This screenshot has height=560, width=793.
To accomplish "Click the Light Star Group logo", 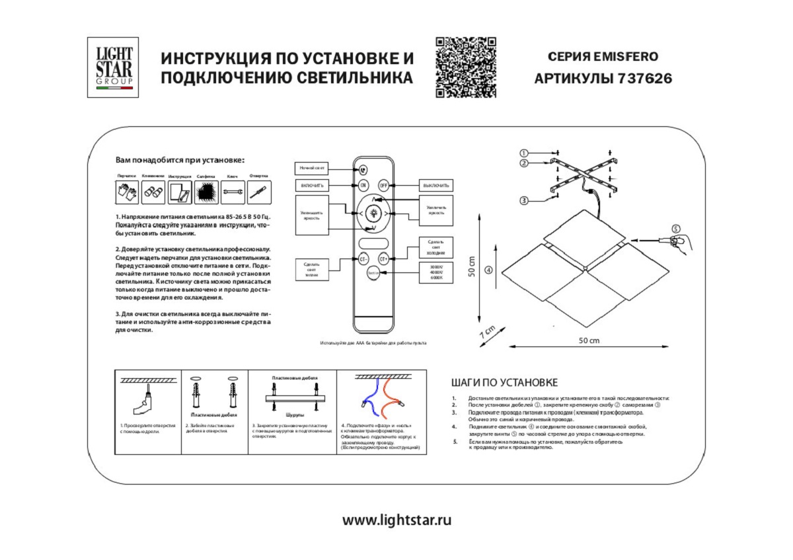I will click(x=113, y=67).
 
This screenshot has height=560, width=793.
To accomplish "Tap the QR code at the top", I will click(x=466, y=67).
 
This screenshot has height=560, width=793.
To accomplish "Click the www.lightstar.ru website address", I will click(x=397, y=520).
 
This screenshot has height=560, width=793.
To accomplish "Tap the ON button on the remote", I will click(x=363, y=185).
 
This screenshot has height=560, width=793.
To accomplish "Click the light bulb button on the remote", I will click(x=374, y=213).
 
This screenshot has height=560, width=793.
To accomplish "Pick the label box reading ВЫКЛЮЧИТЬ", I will click(x=436, y=185).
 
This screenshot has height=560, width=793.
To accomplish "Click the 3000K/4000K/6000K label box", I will click(x=436, y=272).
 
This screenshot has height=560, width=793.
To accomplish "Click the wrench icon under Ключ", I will click(x=231, y=192).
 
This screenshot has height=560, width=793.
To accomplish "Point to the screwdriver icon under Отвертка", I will click(x=258, y=192).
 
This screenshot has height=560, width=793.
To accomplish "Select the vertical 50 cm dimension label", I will click(x=472, y=267).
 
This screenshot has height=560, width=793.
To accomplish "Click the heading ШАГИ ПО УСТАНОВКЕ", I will click(x=505, y=383).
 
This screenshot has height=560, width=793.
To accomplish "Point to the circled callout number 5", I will click(x=675, y=229).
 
